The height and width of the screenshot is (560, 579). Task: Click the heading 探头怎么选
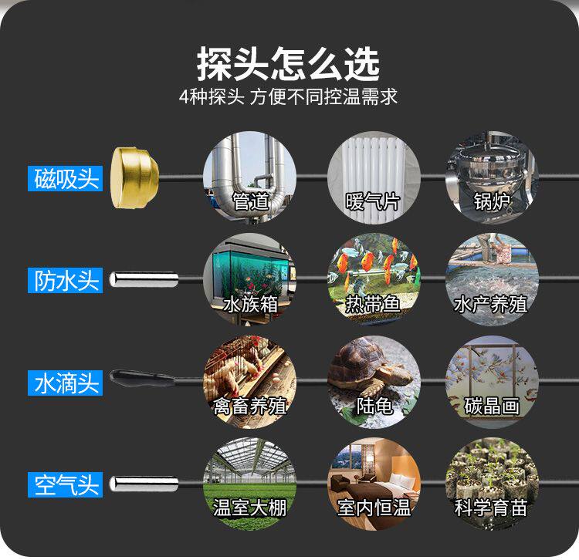(x=288, y=65)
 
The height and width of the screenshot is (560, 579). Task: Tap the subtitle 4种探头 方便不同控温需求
(x=288, y=98)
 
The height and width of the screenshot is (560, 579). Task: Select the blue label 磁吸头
(x=66, y=179)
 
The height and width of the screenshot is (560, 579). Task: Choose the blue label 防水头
(x=66, y=280)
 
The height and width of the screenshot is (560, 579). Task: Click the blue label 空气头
(x=66, y=484)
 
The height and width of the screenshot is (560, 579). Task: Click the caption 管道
(x=250, y=202)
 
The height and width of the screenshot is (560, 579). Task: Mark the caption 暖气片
(x=373, y=202)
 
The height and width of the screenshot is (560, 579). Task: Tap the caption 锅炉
(x=491, y=202)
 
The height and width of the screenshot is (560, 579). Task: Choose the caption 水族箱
(x=250, y=304)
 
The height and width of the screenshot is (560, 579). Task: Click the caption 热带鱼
(x=373, y=304)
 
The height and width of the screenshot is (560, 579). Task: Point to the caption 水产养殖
(x=491, y=304)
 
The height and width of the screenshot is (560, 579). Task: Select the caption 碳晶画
(x=491, y=406)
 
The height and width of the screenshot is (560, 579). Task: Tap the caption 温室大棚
(x=250, y=508)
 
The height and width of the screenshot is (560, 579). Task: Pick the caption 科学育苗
(x=491, y=508)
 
